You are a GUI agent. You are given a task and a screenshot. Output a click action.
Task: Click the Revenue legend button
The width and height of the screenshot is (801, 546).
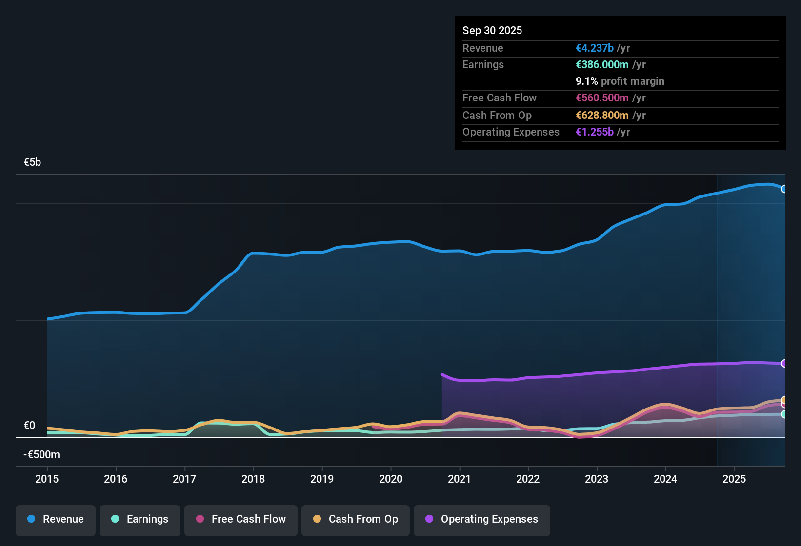click(56, 519)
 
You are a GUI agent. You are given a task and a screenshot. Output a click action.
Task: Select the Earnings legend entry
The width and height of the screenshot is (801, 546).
click(140, 519)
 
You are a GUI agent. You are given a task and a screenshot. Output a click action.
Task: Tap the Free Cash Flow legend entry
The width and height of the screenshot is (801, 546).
click(241, 519)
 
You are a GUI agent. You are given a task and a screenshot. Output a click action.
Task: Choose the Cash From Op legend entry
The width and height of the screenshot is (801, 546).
click(356, 519)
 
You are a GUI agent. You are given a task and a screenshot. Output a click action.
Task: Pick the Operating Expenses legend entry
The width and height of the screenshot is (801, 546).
click(482, 519)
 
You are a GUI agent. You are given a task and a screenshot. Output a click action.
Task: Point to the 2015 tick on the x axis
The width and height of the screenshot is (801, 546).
click(47, 479)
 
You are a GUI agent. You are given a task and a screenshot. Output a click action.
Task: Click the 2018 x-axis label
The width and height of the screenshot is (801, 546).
click(253, 479)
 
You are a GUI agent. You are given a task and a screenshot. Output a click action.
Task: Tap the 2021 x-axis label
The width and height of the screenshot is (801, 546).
click(460, 479)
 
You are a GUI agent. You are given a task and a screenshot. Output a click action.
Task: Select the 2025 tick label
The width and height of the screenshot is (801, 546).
click(734, 479)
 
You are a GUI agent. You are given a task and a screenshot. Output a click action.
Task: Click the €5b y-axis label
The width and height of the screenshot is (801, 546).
click(33, 162)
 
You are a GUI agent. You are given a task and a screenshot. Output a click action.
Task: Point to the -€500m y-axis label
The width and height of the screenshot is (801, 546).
click(42, 455)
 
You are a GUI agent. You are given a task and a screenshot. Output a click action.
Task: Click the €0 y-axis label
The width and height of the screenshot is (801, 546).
click(30, 426)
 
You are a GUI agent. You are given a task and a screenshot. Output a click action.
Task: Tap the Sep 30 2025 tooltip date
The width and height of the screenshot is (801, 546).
click(492, 30)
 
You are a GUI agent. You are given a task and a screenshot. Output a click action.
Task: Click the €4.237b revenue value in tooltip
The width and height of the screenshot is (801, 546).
click(595, 48)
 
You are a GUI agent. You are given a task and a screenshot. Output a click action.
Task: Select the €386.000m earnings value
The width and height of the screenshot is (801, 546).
click(602, 65)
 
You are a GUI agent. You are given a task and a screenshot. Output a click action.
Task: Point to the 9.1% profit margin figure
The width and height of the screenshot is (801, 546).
click(587, 81)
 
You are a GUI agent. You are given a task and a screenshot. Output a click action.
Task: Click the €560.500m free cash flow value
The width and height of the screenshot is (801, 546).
click(602, 98)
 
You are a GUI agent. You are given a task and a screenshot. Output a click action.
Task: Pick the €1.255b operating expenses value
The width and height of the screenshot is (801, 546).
click(595, 132)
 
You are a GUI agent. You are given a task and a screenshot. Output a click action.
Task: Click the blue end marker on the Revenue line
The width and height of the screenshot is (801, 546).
click(784, 189)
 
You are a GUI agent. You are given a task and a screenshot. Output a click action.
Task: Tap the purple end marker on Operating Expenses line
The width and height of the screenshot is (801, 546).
click(784, 363)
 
